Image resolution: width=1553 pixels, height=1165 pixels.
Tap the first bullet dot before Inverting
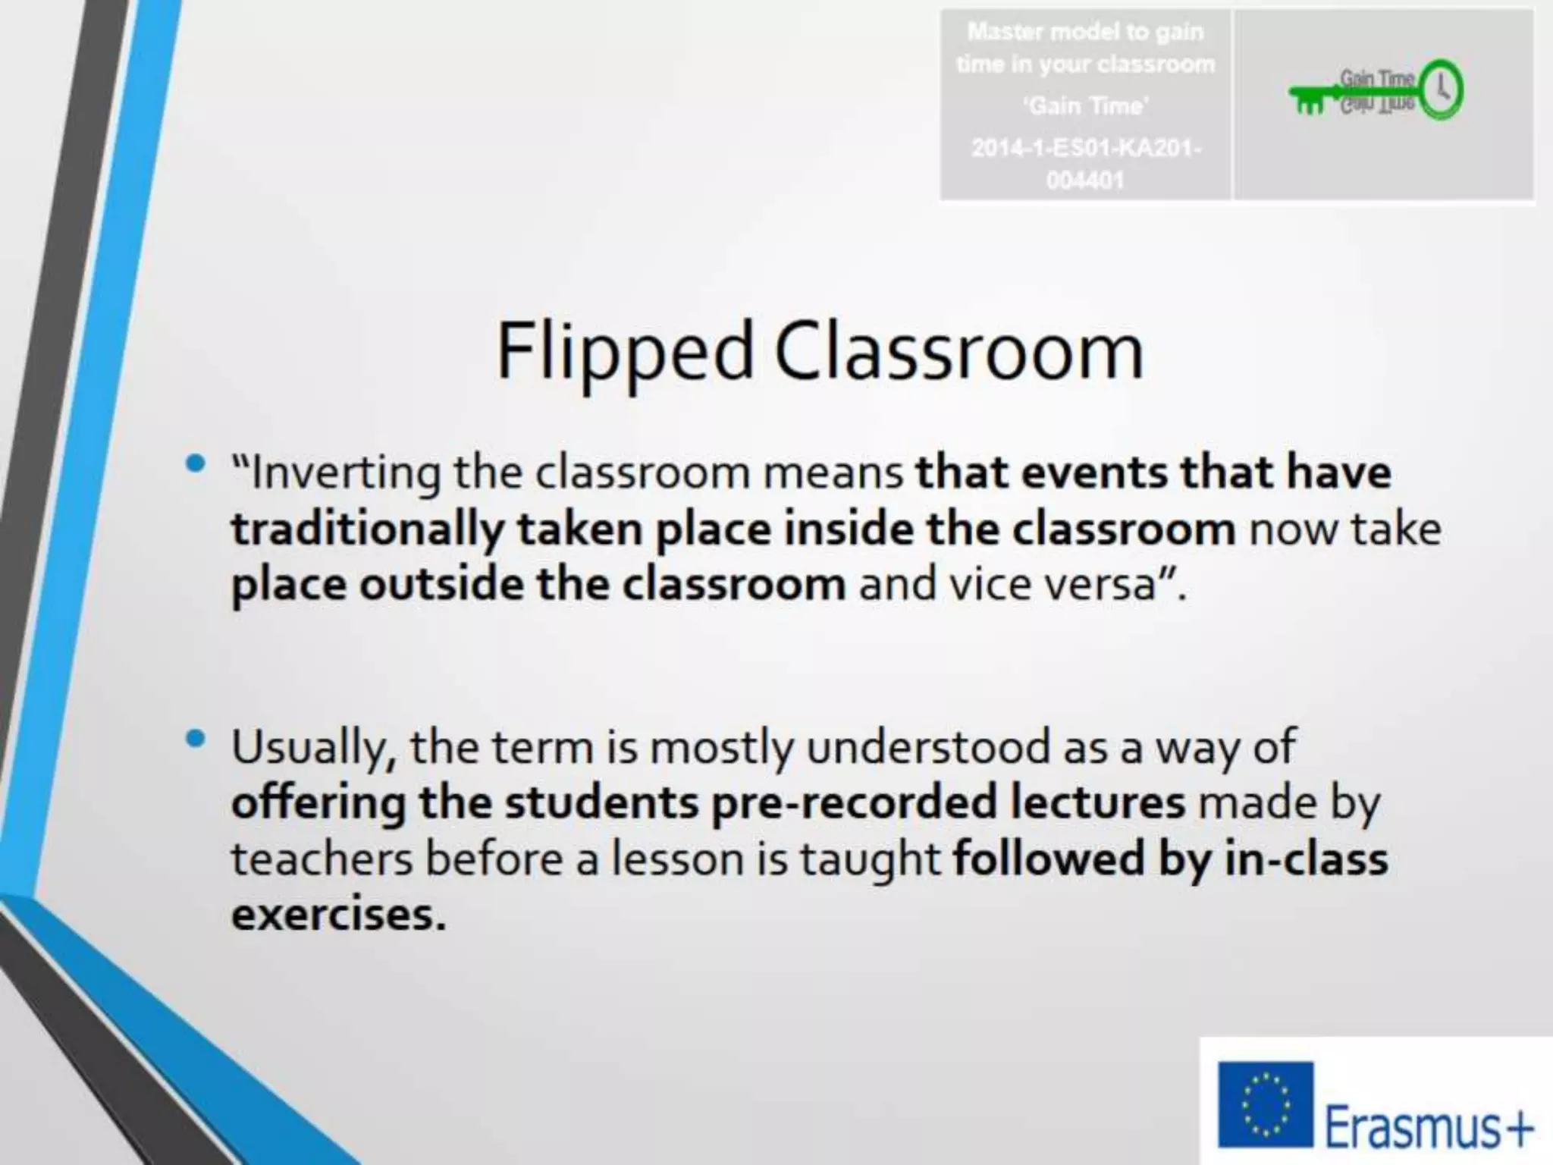click(196, 463)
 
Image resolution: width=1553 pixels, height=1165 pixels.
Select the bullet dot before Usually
click(196, 738)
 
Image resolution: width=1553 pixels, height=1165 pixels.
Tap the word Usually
click(312, 748)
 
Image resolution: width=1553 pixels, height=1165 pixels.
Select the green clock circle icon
click(1440, 90)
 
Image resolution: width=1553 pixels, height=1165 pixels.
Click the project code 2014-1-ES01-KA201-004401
click(1085, 163)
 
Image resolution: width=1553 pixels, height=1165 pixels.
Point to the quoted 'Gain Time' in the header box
click(1085, 105)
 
